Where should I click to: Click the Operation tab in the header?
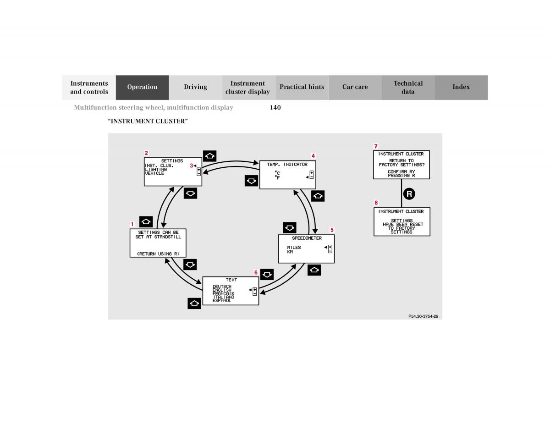tap(142, 87)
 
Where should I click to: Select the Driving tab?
tap(195, 87)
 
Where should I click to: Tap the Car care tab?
tap(355, 87)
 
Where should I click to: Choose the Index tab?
tap(461, 87)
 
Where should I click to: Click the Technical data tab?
tap(408, 87)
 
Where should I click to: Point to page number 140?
tap(275, 108)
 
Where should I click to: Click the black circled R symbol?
tap(408, 194)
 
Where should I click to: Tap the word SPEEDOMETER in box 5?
tap(307, 238)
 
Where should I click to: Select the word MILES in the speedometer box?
tap(294, 248)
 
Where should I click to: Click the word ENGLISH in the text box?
tap(222, 290)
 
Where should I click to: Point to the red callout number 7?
tap(376, 146)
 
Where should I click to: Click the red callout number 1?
tap(132, 224)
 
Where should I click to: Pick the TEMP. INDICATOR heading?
tap(287, 165)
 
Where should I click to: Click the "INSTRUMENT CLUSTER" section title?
tap(148, 121)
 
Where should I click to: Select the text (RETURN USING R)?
tap(158, 254)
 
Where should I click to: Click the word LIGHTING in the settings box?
tap(156, 170)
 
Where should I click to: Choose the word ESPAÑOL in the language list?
tap(222, 301)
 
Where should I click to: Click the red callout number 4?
tap(313, 156)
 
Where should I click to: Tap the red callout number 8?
tap(376, 203)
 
